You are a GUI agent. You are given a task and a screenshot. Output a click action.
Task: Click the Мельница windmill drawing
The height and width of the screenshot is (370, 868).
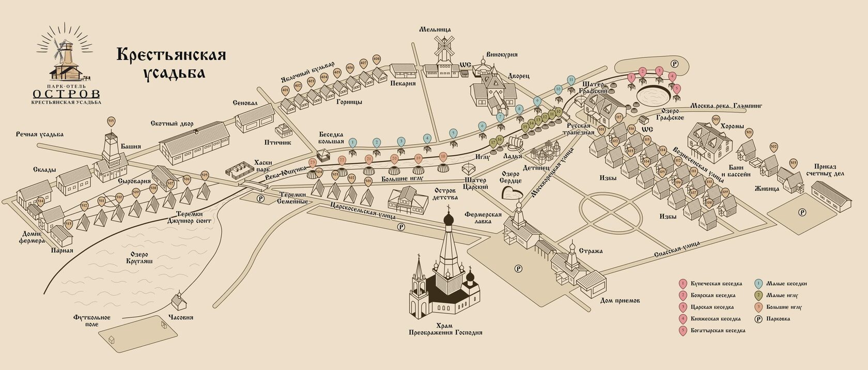443,50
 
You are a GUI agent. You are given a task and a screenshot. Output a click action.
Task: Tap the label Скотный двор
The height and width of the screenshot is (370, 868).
172,124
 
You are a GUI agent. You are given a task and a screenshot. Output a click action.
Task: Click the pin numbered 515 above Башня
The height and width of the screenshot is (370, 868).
111,121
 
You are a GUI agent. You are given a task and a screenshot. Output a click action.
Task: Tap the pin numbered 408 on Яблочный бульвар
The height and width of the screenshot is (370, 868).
376,59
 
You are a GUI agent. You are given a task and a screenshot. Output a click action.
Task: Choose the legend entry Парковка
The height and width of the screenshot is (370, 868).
778,319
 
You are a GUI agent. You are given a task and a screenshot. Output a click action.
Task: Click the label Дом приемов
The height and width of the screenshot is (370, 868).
620,300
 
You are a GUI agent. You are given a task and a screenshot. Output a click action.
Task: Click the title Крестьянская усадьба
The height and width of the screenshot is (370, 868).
171,63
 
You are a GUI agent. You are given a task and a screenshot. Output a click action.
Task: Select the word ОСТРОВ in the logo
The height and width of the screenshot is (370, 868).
67,94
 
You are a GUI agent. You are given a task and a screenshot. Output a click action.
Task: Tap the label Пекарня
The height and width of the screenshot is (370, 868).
403,84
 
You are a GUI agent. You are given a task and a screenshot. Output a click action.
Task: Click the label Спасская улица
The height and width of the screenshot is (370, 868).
676,250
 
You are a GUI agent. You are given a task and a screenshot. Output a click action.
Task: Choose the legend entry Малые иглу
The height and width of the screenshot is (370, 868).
782,296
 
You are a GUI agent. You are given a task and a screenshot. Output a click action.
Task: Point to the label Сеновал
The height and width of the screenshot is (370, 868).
245,103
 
